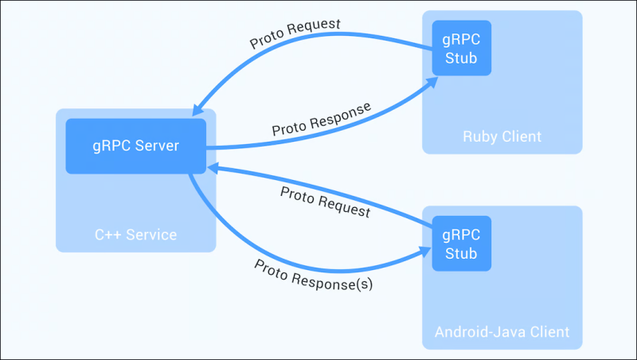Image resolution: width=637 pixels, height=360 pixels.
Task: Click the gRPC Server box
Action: click(x=136, y=146)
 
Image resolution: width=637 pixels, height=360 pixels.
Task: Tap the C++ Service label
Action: click(x=136, y=235)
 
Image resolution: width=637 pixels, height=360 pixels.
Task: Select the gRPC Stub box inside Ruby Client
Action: click(x=461, y=47)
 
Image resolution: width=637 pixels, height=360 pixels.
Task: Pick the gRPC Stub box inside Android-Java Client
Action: click(x=461, y=244)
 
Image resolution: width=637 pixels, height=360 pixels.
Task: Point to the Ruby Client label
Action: click(x=502, y=136)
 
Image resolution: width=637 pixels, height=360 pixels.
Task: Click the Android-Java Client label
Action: click(x=502, y=331)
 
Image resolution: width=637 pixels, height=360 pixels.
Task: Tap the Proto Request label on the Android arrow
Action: click(x=326, y=202)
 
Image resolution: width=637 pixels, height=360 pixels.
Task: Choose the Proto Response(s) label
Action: click(x=314, y=274)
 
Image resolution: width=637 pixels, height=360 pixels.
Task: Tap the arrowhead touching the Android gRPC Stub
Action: click(x=425, y=252)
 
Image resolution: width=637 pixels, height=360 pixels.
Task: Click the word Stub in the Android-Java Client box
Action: click(x=461, y=254)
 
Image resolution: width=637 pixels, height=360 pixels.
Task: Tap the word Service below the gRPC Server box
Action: click(x=150, y=235)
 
